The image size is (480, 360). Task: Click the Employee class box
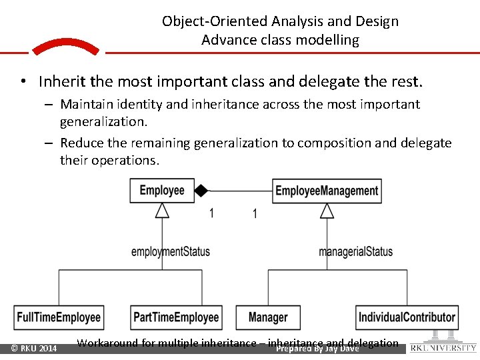click(x=162, y=191)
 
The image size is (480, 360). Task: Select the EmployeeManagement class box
click(x=327, y=191)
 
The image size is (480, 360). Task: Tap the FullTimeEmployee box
click(x=59, y=317)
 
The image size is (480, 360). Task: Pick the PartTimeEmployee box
click(x=176, y=317)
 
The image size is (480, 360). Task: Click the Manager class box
click(x=268, y=317)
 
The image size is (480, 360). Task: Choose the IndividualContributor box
click(x=407, y=317)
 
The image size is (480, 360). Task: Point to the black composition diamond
click(x=201, y=191)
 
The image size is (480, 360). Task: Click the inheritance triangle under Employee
click(x=162, y=210)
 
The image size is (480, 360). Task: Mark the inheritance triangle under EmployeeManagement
click(x=327, y=210)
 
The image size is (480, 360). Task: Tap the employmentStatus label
click(x=171, y=251)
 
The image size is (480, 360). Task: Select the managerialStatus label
click(x=355, y=251)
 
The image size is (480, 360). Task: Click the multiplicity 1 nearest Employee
click(x=211, y=213)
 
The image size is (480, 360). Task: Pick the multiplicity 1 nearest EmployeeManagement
click(x=255, y=213)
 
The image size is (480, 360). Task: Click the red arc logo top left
click(x=65, y=47)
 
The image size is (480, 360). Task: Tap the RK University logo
click(x=443, y=343)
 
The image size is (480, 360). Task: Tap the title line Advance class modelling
click(x=280, y=40)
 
